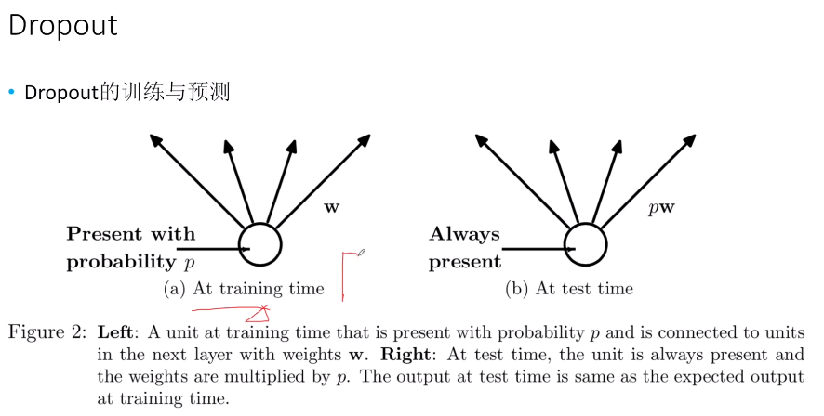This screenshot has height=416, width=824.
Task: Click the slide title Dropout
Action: [x=63, y=26]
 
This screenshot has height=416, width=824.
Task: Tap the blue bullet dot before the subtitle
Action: [x=11, y=92]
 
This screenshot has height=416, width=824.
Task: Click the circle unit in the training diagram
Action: [x=260, y=245]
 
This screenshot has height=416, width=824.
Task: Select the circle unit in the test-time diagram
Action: [x=585, y=245]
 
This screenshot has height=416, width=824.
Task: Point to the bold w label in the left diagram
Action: [x=332, y=208]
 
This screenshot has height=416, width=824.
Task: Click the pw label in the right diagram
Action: [x=661, y=208]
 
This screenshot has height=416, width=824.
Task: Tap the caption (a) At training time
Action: [x=244, y=289]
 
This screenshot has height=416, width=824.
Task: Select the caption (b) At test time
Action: [x=569, y=289]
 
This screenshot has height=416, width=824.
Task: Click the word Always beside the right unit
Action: [x=465, y=235]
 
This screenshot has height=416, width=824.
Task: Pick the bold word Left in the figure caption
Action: [x=115, y=332]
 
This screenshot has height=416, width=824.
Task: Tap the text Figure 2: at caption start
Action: [x=47, y=332]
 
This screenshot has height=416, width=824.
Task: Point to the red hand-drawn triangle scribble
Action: [x=258, y=314]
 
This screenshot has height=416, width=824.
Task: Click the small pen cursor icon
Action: [x=362, y=253]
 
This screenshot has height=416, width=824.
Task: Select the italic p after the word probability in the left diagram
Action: [x=189, y=263]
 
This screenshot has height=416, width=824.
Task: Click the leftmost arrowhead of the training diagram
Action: [x=155, y=140]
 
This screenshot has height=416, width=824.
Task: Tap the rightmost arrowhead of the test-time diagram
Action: [x=689, y=140]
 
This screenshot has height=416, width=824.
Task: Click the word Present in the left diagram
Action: [x=104, y=234]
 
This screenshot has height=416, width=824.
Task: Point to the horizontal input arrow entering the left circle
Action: [x=213, y=249]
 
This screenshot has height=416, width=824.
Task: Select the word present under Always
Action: [x=465, y=262]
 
